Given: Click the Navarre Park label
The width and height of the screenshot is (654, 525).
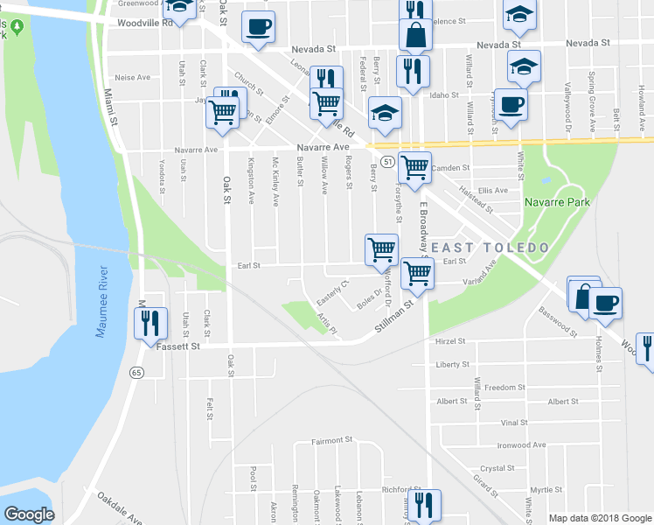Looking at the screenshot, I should click(557, 202).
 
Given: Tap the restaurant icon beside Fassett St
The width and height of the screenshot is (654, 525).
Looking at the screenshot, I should click(149, 323).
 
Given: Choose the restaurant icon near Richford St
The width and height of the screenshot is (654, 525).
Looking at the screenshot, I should click(424, 505).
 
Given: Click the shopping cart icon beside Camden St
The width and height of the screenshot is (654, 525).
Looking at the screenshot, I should click(414, 165).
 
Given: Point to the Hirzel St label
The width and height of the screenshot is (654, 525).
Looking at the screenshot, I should click(450, 341).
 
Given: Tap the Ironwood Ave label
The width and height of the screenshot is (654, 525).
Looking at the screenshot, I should click(522, 445).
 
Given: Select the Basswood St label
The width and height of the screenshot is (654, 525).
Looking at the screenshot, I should click(559, 321).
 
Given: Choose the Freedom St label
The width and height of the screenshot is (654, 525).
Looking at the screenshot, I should click(505, 387).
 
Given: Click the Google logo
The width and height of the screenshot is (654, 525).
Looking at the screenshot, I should click(29, 514).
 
